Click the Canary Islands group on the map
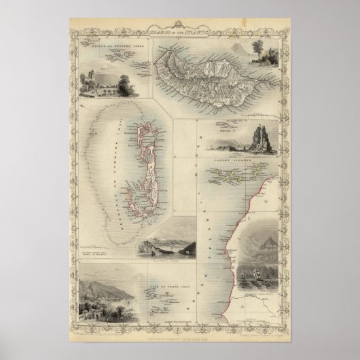(x=234, y=173)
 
